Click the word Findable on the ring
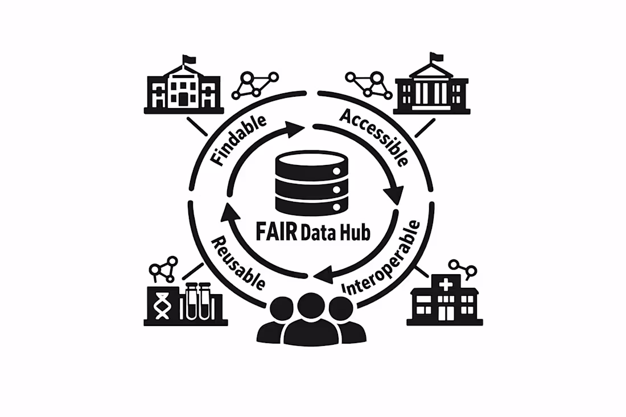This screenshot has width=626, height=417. (x=238, y=140)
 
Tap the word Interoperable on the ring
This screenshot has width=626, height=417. (x=382, y=257)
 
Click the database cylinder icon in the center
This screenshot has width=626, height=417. (x=311, y=181)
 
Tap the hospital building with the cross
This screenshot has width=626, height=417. (x=445, y=299)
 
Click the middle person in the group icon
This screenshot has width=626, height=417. (x=311, y=319)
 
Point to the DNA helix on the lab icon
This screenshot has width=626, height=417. (x=163, y=305)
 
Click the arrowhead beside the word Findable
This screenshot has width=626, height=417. (x=295, y=129)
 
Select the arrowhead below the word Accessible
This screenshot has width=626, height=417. (x=394, y=195)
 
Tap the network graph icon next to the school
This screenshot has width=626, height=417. (x=255, y=85)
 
